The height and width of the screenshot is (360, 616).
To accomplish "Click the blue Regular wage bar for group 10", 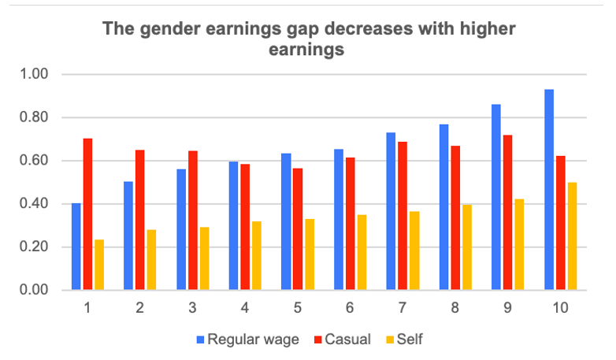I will click(x=549, y=190).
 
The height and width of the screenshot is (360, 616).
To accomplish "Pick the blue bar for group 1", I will click(x=76, y=247).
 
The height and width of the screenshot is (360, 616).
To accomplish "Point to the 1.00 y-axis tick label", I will click(x=35, y=75).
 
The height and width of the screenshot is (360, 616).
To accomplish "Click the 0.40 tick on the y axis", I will click(x=35, y=204).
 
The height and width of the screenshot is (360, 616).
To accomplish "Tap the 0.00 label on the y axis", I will click(x=35, y=291).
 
